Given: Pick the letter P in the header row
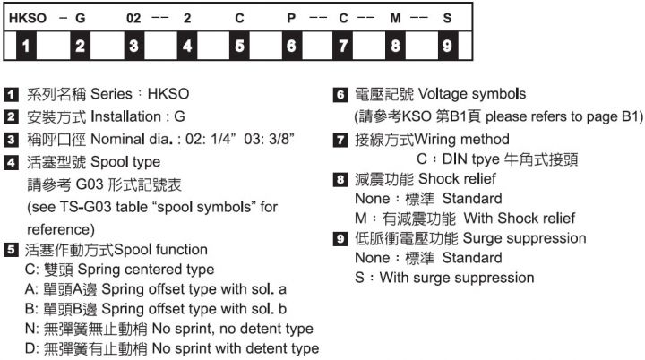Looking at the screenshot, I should coord(292,17).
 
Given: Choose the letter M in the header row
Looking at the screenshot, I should coord(395,17).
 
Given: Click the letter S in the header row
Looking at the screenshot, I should coord(447,17).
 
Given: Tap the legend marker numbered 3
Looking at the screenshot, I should coord(10,140).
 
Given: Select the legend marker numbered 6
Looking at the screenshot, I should coord(339,94).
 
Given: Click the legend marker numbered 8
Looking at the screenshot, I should coord(339,179).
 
